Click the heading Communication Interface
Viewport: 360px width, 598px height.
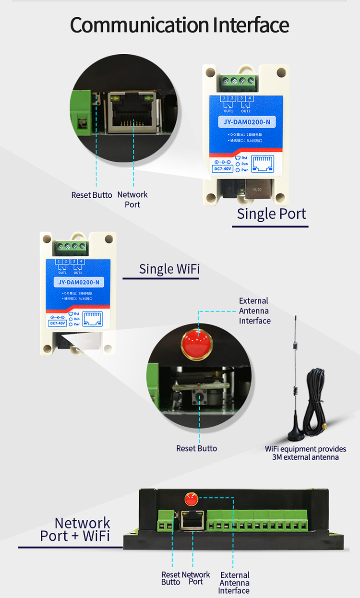coord(180,25)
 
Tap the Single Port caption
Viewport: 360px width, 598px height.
coord(271,214)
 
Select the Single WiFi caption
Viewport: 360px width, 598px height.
coord(169,269)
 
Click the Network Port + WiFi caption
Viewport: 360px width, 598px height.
coord(76,529)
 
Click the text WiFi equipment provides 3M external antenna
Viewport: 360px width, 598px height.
coord(305,453)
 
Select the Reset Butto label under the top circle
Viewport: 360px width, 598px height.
coord(92,195)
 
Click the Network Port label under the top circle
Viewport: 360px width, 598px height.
coord(132,199)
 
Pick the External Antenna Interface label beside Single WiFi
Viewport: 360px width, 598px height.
coord(254,311)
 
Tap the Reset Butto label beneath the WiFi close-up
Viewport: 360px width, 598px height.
coord(196,448)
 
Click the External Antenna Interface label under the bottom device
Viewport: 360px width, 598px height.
coord(235,583)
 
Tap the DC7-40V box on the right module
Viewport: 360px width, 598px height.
coord(223,168)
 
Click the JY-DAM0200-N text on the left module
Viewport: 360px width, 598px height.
coord(78,282)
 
